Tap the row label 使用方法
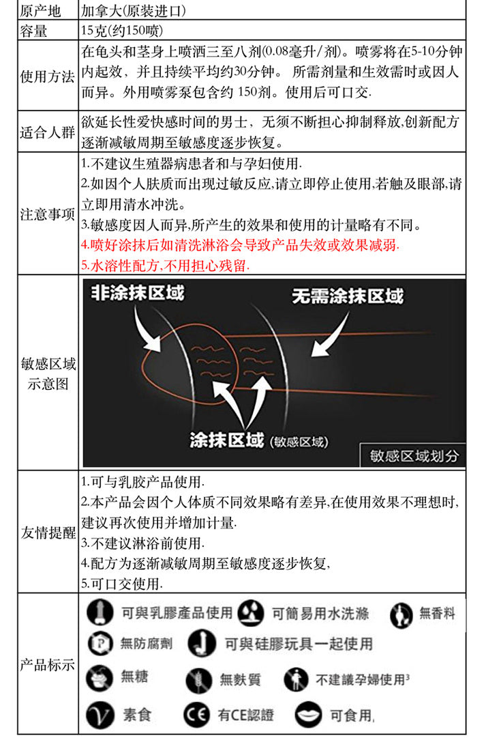48,75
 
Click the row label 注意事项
48,214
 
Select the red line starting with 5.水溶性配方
165,265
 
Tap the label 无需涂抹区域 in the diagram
348,296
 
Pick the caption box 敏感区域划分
414,455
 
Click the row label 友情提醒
48,532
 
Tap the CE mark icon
194,715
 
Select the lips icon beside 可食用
309,715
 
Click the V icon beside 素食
100,715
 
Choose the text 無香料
437,613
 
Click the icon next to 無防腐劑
100,643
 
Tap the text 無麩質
239,679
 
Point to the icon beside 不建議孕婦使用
295,679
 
